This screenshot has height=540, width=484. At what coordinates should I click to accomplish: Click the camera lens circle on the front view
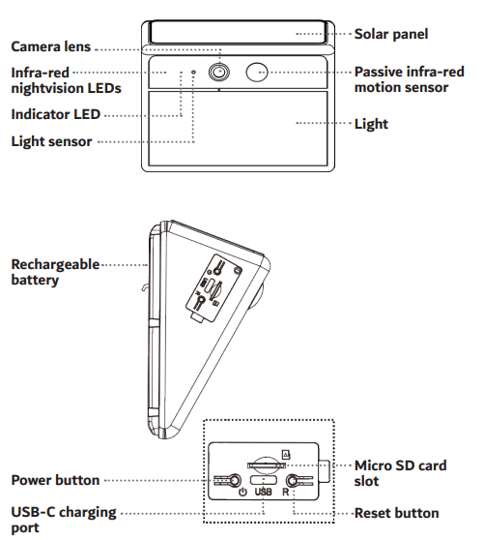point(219,73)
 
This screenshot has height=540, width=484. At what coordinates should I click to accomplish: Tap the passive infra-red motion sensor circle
point(257,72)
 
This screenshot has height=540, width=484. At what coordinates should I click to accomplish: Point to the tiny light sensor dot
point(193,73)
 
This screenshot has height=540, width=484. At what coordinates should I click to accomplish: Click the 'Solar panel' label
point(391,34)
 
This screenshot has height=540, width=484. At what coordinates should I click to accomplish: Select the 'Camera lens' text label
point(51,46)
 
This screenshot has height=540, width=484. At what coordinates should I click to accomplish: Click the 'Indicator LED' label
point(56,114)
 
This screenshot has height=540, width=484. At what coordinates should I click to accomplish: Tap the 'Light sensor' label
point(51,141)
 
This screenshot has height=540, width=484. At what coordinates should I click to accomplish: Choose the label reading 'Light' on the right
point(371,124)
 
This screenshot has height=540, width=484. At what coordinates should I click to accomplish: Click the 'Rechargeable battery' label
point(55,272)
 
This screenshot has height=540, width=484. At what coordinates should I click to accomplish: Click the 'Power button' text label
point(55,480)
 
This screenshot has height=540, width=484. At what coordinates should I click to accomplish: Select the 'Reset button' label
point(397,513)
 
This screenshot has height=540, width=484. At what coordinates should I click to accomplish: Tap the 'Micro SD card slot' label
point(401,473)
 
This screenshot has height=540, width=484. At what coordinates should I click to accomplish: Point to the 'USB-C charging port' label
point(64,520)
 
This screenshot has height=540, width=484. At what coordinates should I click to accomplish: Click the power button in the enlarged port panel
point(235,480)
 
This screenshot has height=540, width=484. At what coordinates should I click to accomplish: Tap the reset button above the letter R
point(292,480)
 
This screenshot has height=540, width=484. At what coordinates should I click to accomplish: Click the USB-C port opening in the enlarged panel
point(264,480)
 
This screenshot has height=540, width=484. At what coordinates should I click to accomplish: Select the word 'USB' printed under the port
point(264,493)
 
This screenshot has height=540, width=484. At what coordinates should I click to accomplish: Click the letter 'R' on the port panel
point(286,493)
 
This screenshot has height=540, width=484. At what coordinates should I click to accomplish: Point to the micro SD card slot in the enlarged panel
point(267,465)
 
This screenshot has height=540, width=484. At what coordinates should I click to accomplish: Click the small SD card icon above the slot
point(286,455)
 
